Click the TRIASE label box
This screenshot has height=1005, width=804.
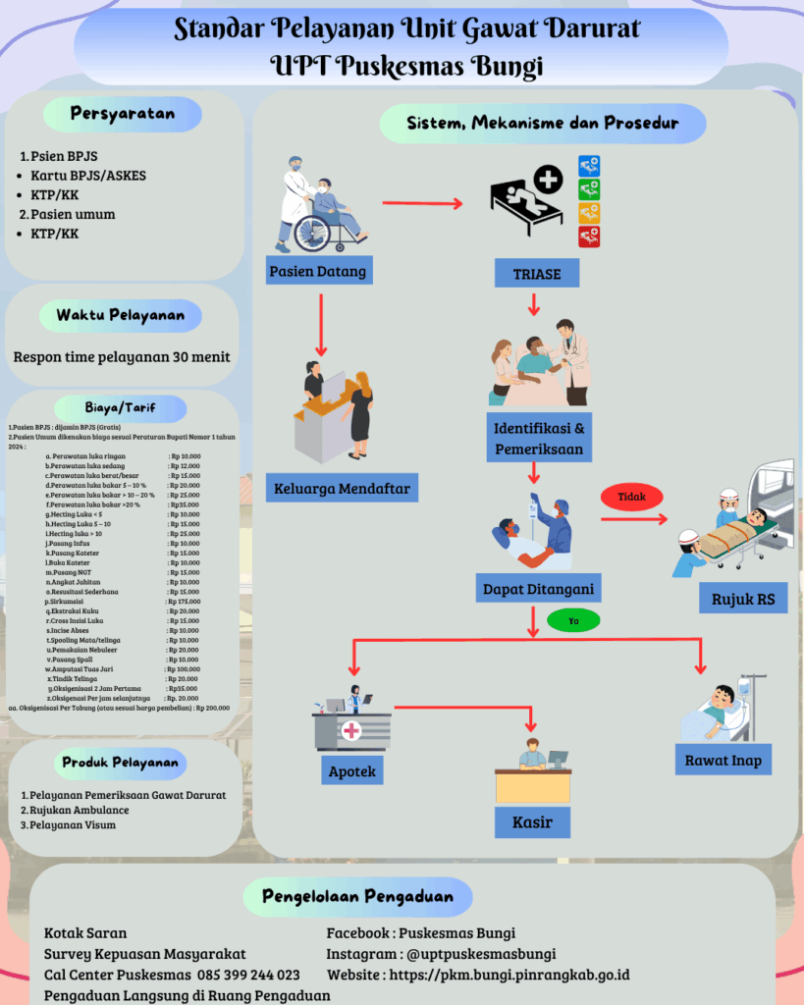click(x=537, y=274)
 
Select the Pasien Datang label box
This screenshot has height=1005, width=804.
click(x=316, y=271)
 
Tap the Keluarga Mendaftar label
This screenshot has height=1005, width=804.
click(x=341, y=488)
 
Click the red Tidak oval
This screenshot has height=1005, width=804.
click(x=631, y=498)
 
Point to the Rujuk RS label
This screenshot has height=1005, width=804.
click(x=741, y=600)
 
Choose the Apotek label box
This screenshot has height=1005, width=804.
click(x=351, y=771)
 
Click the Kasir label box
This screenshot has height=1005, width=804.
click(x=532, y=821)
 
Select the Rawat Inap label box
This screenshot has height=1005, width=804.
click(x=724, y=759)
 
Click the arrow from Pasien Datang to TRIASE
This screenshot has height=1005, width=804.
click(x=421, y=204)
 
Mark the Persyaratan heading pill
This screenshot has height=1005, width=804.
click(x=123, y=114)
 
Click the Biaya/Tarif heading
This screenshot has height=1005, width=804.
click(x=121, y=407)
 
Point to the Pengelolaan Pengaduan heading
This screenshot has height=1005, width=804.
click(x=357, y=896)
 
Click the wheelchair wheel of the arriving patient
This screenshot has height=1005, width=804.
click(x=313, y=234)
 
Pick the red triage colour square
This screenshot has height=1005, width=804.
click(x=589, y=236)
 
